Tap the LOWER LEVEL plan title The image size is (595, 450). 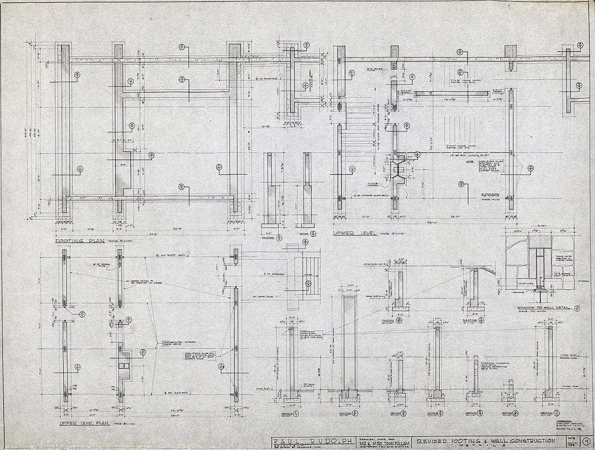(x=354, y=234)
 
